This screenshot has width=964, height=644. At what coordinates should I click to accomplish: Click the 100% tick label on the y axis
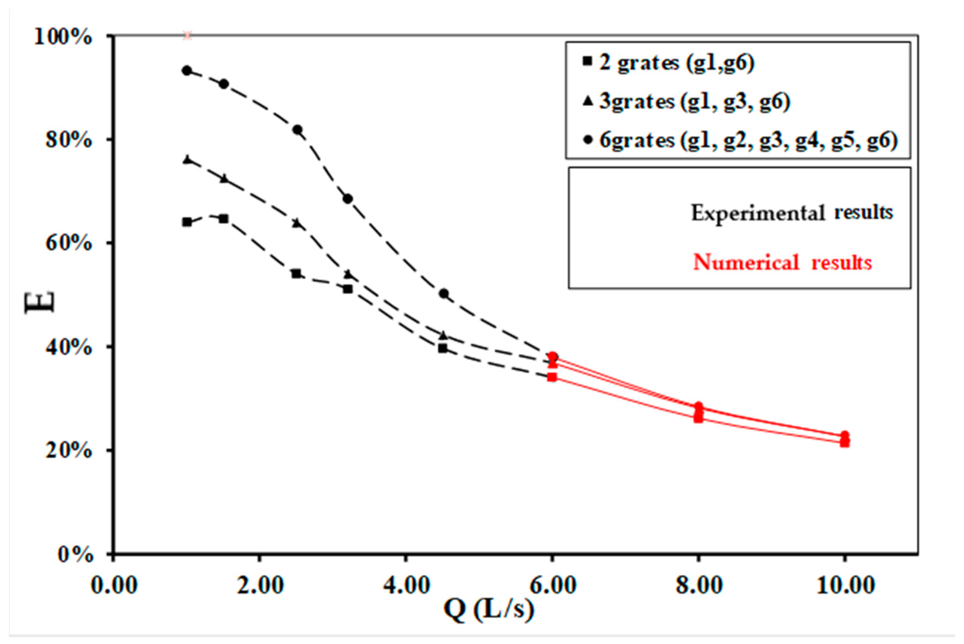63,37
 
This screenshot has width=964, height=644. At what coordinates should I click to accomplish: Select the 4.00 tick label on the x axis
406,585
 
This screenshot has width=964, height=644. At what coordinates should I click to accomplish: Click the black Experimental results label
791,213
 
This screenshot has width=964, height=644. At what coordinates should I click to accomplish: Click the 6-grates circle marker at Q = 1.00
187,71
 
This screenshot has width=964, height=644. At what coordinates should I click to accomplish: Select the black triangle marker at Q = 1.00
187,160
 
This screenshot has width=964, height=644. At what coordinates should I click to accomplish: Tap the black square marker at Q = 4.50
443,349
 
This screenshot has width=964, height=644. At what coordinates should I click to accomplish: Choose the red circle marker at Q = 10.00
844,435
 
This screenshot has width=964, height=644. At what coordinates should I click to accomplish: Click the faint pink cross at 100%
187,36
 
